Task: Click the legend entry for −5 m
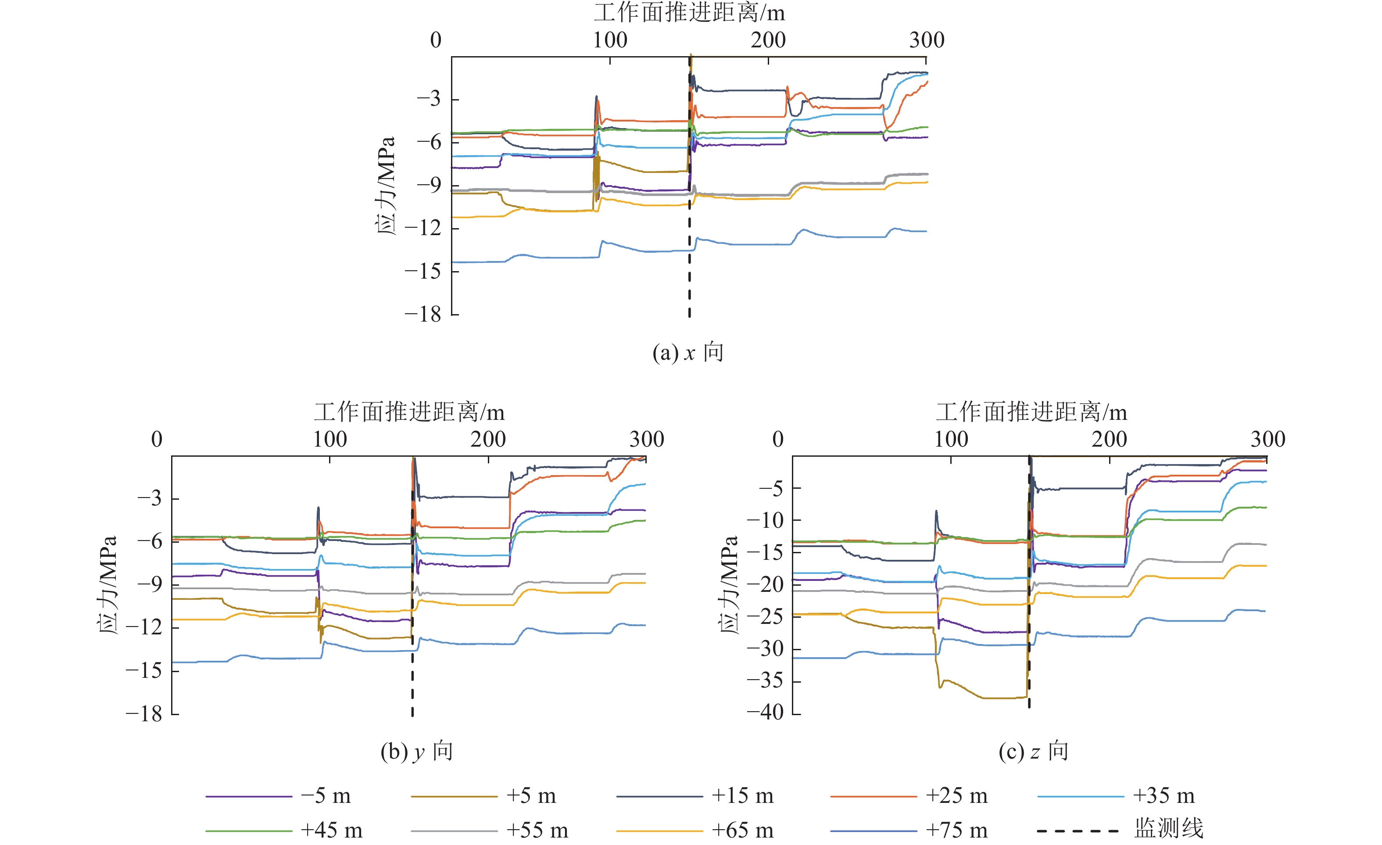tap(325, 796)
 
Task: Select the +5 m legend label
tap(530, 796)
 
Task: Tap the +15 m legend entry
tap(742, 796)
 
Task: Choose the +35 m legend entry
tap(1163, 796)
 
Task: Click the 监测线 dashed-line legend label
tap(1168, 829)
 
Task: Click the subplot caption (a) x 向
tap(687, 353)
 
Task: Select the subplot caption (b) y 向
tap(416, 752)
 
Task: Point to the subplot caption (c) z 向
tap(1033, 752)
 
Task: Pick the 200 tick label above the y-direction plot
tap(488, 439)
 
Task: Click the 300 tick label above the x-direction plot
tap(927, 40)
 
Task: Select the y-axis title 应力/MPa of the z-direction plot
tap(729, 585)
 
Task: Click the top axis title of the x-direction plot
tap(689, 13)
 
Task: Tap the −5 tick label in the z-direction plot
tap(771, 489)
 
